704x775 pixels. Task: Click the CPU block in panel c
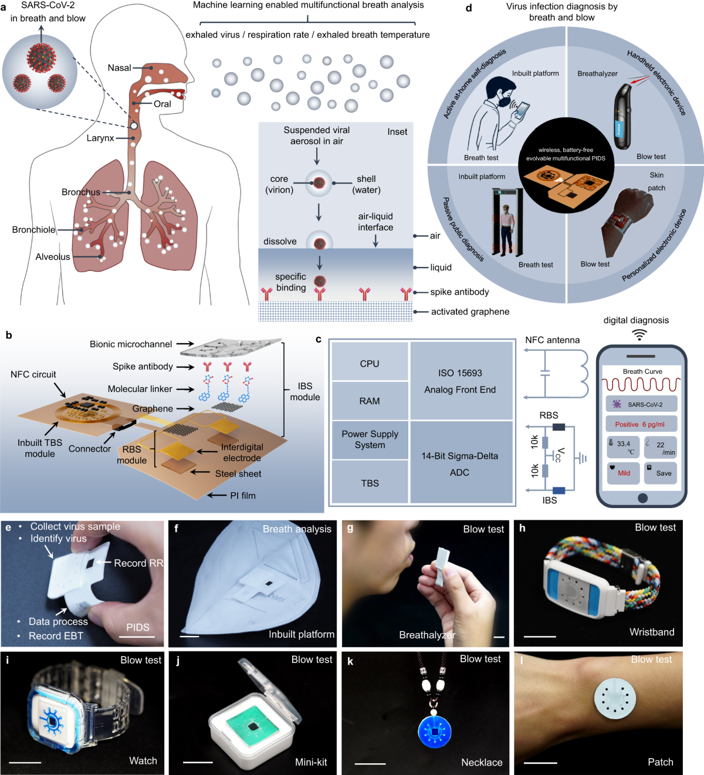(x=370, y=364)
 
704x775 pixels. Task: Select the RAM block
(x=370, y=401)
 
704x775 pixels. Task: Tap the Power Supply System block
(x=370, y=439)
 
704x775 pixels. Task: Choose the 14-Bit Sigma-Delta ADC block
(x=460, y=463)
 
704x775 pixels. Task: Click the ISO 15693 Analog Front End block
(x=460, y=381)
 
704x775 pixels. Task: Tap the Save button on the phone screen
(x=660, y=473)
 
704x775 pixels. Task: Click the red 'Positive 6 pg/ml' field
(x=641, y=424)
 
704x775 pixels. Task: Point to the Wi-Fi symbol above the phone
(x=639, y=334)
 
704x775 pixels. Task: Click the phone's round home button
(x=642, y=498)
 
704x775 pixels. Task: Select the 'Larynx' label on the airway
(x=100, y=138)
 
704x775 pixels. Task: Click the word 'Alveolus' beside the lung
(x=53, y=257)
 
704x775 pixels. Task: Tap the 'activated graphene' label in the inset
(x=470, y=312)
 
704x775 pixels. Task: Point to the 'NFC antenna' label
(x=552, y=340)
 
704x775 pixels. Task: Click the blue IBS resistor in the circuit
(x=559, y=490)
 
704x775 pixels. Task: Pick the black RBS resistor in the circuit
(x=559, y=427)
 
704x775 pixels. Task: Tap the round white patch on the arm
(x=615, y=698)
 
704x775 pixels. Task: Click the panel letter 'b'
(x=9, y=336)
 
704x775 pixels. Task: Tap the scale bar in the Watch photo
(x=25, y=762)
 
